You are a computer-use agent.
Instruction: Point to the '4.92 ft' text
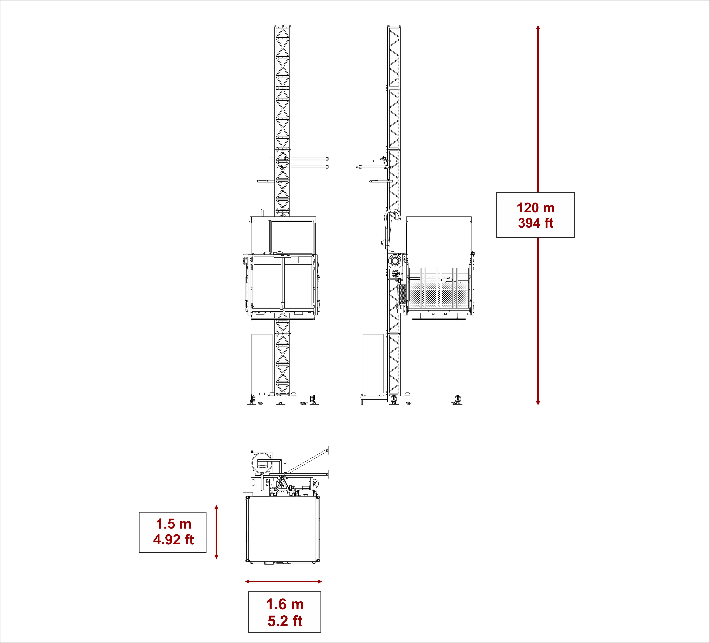[x=173, y=539]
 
